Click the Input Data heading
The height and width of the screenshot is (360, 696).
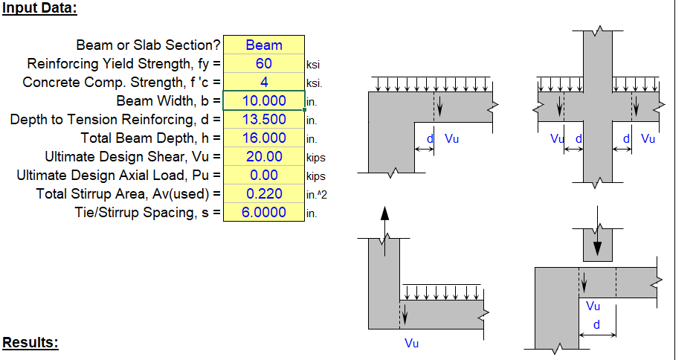(x=39, y=9)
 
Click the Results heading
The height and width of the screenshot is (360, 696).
(x=30, y=343)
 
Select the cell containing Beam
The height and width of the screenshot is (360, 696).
(x=263, y=45)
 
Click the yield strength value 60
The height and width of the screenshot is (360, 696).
(x=263, y=64)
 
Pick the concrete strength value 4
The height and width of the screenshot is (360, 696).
(x=263, y=83)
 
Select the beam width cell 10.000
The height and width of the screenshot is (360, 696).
(x=263, y=101)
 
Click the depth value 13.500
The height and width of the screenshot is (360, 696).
(x=263, y=120)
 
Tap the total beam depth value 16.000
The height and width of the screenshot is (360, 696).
(x=263, y=138)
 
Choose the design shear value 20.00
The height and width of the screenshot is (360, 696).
(x=263, y=157)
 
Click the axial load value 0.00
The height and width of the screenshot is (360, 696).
(x=263, y=176)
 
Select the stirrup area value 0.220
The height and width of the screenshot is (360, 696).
(x=263, y=194)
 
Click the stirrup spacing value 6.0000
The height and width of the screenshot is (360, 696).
(x=263, y=213)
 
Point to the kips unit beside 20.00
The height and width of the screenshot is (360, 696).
(x=315, y=158)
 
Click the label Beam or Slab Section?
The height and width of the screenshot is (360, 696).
(x=148, y=45)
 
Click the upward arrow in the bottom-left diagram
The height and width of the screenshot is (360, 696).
(x=384, y=220)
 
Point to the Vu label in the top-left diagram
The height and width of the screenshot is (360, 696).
(x=451, y=138)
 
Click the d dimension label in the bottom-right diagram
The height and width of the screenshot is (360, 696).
(x=596, y=325)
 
